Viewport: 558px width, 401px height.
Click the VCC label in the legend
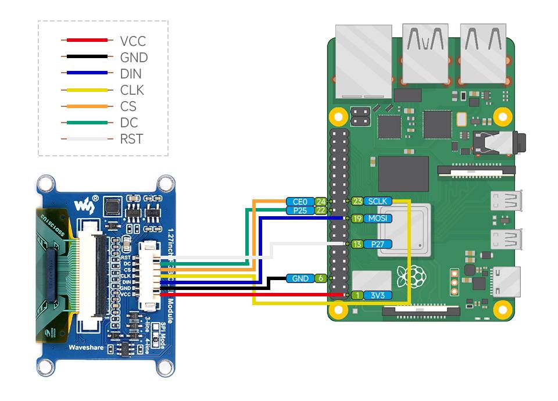coord(133,41)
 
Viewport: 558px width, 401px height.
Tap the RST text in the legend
coord(131,139)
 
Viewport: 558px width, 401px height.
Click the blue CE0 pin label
coord(300,202)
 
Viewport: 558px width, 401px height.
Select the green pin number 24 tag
coord(320,202)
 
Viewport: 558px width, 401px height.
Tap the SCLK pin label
coord(378,201)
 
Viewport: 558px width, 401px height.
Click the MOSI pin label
coord(377,219)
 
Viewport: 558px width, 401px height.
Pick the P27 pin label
coord(377,244)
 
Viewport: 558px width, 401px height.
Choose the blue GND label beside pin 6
coord(301,278)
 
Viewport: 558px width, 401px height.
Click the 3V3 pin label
coord(377,295)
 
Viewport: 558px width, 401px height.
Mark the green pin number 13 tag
coord(357,244)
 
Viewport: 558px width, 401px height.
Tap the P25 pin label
coord(300,210)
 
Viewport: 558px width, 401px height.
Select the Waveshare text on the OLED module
coord(87,348)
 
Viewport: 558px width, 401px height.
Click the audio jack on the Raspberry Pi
coord(500,141)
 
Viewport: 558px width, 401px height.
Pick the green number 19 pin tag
coord(357,219)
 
